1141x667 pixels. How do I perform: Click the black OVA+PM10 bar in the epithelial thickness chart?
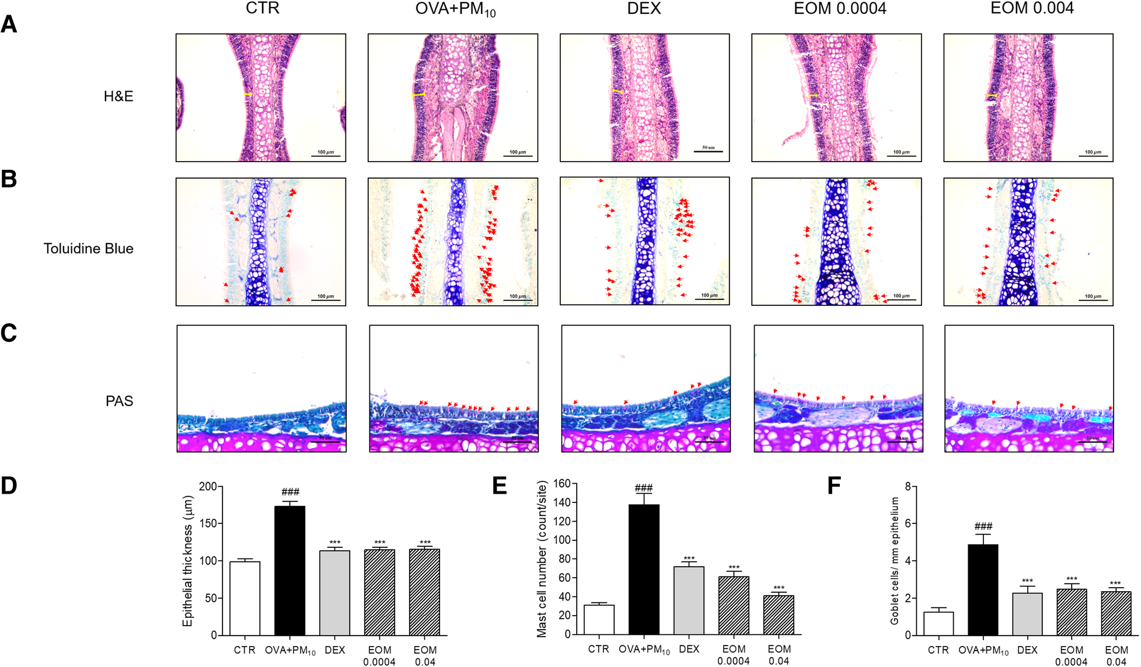(x=289, y=570)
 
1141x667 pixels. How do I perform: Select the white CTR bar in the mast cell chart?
(x=599, y=619)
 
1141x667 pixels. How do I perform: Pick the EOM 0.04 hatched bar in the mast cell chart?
(x=779, y=614)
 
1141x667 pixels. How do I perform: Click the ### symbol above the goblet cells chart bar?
(x=983, y=527)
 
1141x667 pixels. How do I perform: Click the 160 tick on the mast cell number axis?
(x=561, y=483)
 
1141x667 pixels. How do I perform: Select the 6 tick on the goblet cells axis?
(x=908, y=523)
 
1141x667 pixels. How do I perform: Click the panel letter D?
(x=9, y=486)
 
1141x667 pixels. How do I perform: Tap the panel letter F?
(x=834, y=486)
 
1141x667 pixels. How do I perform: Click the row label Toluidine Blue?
(x=88, y=249)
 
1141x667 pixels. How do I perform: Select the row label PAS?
(x=119, y=401)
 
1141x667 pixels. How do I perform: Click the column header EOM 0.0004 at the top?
(x=839, y=9)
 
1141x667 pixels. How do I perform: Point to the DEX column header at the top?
(x=644, y=9)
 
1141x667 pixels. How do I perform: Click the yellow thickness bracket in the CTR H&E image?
(x=248, y=94)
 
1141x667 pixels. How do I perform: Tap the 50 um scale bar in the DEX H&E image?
(x=708, y=151)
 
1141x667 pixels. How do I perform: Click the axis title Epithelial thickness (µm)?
(x=187, y=561)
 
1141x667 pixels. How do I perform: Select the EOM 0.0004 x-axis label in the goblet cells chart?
(x=1071, y=655)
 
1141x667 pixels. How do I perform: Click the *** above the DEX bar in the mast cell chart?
(x=689, y=558)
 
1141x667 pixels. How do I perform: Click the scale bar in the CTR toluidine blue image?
(x=326, y=300)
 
